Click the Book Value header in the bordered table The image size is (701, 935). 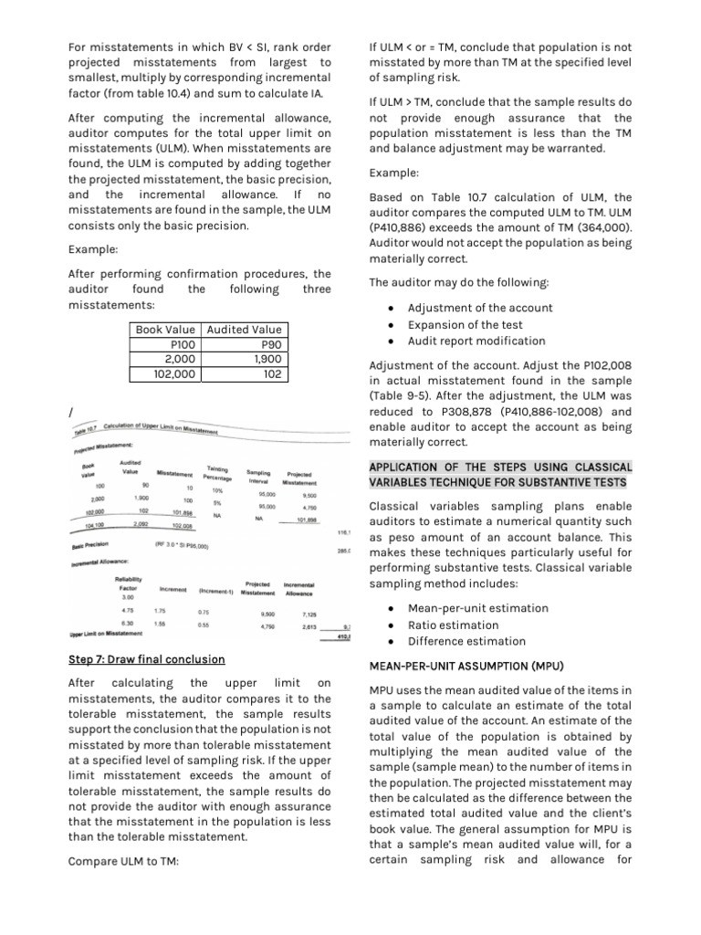coord(165,330)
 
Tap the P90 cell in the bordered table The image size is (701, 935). coord(271,344)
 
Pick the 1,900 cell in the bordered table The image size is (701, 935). coord(265,359)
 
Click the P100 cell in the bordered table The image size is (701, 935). coord(183,344)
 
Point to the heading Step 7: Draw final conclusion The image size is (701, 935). coord(147,659)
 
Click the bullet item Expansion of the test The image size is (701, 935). coord(465,324)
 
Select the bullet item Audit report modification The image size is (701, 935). coord(476,341)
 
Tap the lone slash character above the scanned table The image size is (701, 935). coord(70,415)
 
